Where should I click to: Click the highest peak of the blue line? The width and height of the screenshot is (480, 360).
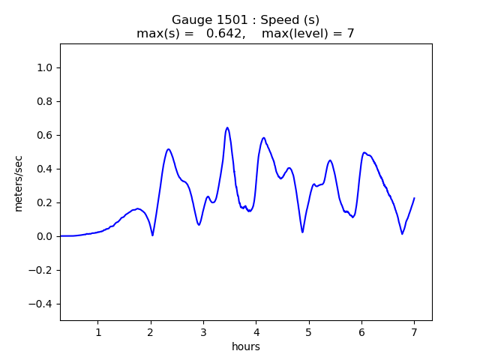(226, 127)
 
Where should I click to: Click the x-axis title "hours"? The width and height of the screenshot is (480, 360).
(246, 346)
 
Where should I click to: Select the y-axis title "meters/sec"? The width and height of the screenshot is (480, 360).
(18, 182)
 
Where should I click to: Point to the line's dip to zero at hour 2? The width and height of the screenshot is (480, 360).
(152, 235)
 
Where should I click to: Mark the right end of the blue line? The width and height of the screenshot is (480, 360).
(414, 198)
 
